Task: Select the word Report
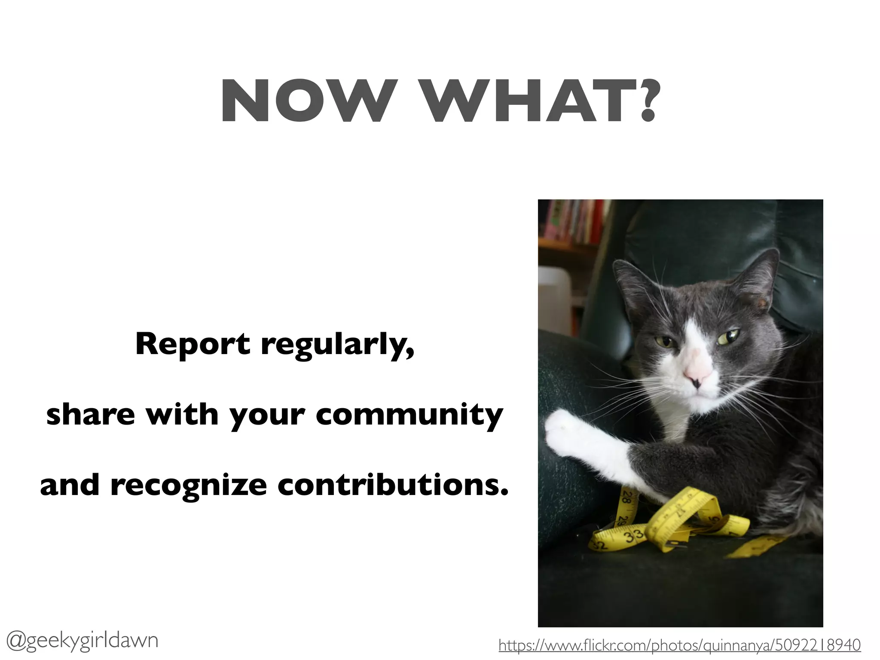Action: [192, 344]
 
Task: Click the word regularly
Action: [338, 346]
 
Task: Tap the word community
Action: [409, 416]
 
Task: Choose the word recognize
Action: [189, 485]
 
